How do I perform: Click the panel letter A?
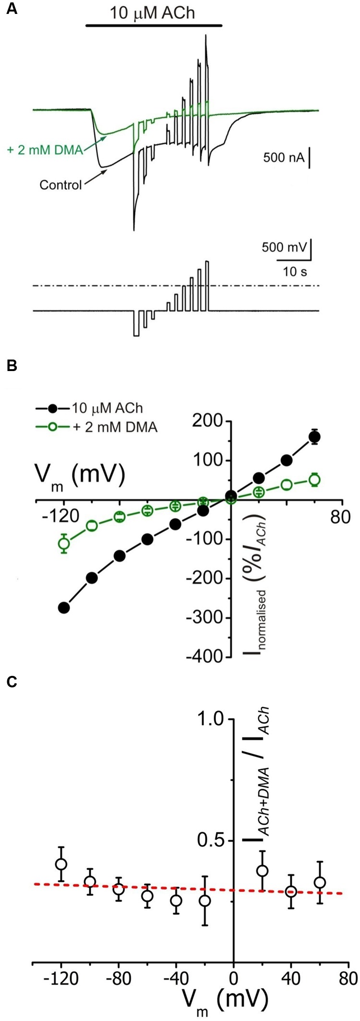click(x=12, y=10)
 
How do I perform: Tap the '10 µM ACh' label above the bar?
click(x=153, y=12)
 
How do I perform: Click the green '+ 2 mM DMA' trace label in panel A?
click(x=46, y=150)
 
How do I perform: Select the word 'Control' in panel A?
click(x=60, y=184)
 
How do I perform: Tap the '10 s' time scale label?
click(x=295, y=272)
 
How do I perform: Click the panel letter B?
click(x=12, y=366)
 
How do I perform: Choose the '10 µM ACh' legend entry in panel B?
click(x=107, y=408)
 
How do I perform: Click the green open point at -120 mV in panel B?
click(x=64, y=543)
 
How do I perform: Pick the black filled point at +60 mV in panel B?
click(x=315, y=437)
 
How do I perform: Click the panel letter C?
click(x=12, y=682)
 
